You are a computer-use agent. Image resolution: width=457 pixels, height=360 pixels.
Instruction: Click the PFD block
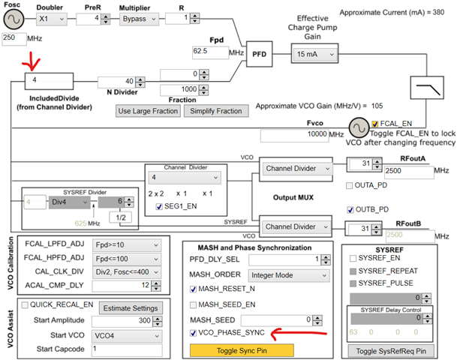pyautogui.click(x=259, y=54)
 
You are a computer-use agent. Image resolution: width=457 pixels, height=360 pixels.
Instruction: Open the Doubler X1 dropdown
pyautogui.click(x=52, y=19)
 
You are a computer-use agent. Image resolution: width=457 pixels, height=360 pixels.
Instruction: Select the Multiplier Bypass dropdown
pyautogui.click(x=139, y=19)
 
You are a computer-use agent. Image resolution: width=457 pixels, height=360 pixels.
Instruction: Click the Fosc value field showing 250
pyautogui.click(x=14, y=38)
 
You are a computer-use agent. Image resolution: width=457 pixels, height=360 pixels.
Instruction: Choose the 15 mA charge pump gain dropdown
pyautogui.click(x=314, y=54)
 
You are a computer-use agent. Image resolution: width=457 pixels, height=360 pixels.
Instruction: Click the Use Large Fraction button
pyautogui.click(x=148, y=111)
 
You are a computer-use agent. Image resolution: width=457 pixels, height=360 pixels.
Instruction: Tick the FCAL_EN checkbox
pyautogui.click(x=374, y=124)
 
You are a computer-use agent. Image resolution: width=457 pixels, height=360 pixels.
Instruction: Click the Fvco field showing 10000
pyautogui.click(x=294, y=136)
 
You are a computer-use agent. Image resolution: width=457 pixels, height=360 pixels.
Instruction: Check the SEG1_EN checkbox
pyautogui.click(x=159, y=206)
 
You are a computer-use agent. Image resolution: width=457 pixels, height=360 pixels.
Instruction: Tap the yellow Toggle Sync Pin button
pyautogui.click(x=242, y=350)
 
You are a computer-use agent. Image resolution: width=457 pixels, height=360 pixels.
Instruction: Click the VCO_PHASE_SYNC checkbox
pyautogui.click(x=193, y=333)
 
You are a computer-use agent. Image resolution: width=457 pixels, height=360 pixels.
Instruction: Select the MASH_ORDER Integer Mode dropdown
pyautogui.click(x=289, y=275)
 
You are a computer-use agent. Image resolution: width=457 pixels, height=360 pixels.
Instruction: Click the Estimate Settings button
pyautogui.click(x=131, y=308)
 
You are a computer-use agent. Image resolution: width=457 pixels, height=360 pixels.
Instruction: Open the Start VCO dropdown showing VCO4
pyautogui.click(x=127, y=336)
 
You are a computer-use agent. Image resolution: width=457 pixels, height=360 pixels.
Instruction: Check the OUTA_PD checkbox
pyautogui.click(x=349, y=185)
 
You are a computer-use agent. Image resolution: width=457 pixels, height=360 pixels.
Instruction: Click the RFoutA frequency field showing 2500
pyautogui.click(x=409, y=172)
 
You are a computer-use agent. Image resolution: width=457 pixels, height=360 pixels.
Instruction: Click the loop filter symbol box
pyautogui.click(x=427, y=88)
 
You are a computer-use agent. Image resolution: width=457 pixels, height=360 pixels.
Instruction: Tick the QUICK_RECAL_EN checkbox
pyautogui.click(x=25, y=305)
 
